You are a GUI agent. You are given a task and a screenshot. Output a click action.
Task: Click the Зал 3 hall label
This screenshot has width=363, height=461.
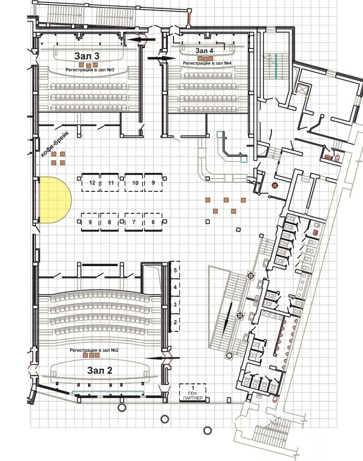coord(87,56)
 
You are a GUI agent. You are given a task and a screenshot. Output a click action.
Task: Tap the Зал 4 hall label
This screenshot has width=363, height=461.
coord(204,51)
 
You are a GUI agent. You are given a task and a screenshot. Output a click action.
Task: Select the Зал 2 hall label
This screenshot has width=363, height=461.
coord(100,371)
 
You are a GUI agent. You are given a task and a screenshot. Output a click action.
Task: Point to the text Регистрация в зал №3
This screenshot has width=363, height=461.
coord(90,70)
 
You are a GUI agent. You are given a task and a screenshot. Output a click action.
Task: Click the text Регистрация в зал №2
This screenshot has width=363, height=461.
coord(94,350)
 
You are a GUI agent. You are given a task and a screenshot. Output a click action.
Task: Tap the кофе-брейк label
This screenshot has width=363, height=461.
coord(54,144)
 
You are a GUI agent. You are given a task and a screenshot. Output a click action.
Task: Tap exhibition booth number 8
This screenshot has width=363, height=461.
coord(109,222)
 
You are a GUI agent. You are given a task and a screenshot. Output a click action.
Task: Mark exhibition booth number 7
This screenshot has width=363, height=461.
coord(134,222)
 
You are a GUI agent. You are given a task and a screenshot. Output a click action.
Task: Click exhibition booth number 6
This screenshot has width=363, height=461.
coord(153,222)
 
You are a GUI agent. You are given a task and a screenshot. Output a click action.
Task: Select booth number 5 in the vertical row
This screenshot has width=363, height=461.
coord(175,270)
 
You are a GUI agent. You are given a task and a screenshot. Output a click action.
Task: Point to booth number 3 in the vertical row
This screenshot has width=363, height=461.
coord(175,305)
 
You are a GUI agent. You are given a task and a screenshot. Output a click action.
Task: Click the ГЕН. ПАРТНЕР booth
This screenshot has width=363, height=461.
coord(193,392)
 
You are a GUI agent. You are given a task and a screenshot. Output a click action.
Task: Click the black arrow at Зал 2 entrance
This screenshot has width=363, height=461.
coord(162,358)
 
